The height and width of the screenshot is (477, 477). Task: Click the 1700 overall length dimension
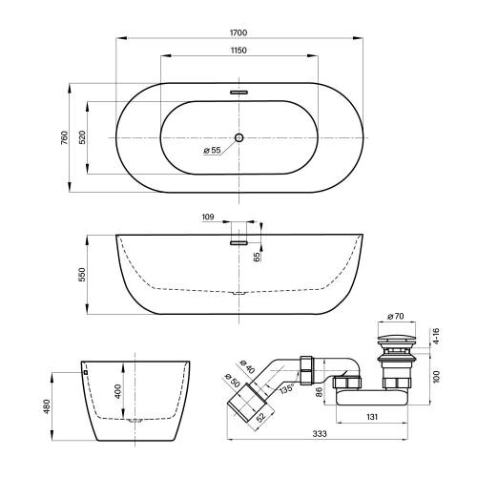[x=238, y=32]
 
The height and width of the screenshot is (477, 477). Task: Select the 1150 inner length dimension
[x=238, y=51]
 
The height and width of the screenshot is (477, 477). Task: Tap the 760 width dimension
[x=64, y=137]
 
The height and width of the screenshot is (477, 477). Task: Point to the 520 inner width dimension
[x=82, y=137]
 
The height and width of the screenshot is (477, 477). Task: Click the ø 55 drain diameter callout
[x=212, y=150]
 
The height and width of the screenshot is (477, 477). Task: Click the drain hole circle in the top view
[x=238, y=137]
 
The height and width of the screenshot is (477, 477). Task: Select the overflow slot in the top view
[x=238, y=93]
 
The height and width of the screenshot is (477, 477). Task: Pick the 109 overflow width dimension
[x=208, y=217]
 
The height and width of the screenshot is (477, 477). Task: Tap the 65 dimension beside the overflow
[x=257, y=257]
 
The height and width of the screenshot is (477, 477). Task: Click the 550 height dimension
[x=82, y=275]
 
